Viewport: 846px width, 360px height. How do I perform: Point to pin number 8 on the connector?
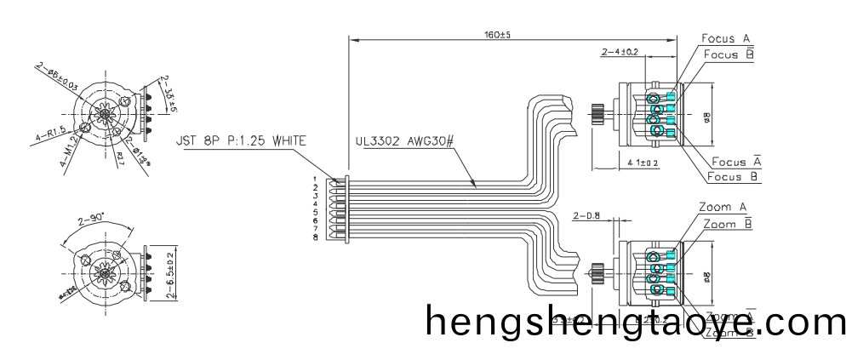click(316, 237)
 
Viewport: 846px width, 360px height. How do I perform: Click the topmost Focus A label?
click(725, 38)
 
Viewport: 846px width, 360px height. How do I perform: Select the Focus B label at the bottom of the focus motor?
click(734, 176)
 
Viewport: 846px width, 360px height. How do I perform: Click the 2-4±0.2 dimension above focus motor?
click(620, 53)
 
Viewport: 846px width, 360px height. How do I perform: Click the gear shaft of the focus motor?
click(598, 112)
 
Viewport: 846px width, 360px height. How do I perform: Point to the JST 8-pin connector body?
click(339, 209)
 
